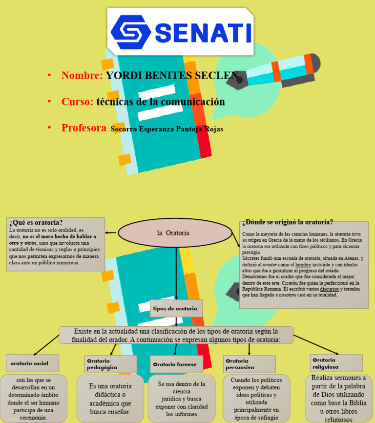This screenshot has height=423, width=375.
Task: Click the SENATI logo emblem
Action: [130, 33]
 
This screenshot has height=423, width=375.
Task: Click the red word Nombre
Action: [82, 76]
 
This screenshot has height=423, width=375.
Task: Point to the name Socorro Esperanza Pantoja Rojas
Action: [167, 129]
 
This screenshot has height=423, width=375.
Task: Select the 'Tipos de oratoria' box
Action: [176, 308]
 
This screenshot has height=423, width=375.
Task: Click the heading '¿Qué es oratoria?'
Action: [36, 223]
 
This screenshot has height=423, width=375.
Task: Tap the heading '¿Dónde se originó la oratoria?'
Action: [288, 222]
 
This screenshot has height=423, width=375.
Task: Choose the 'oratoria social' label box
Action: [33, 363]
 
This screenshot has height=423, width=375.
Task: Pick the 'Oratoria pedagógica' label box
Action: [110, 364]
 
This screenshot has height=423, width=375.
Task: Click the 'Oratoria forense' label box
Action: [175, 364]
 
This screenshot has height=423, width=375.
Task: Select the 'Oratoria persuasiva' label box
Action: [249, 364]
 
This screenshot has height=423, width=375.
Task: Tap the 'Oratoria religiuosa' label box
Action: [336, 363]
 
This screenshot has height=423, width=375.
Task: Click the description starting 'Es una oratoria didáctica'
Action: [110, 399]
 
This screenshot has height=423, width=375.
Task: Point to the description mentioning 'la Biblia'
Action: [338, 398]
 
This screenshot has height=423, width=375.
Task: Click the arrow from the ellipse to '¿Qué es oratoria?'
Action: [111, 233]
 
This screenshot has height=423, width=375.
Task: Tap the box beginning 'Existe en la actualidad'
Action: [176, 335]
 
